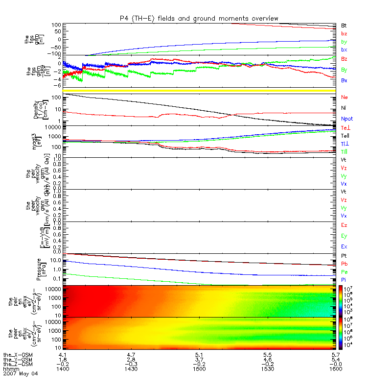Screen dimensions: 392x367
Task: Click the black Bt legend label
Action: click(344, 25)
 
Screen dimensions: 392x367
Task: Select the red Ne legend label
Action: click(344, 97)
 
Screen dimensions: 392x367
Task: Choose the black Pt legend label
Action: click(344, 256)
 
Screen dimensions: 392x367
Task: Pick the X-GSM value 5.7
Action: click(335, 353)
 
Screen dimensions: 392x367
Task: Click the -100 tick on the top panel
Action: click(53, 54)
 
